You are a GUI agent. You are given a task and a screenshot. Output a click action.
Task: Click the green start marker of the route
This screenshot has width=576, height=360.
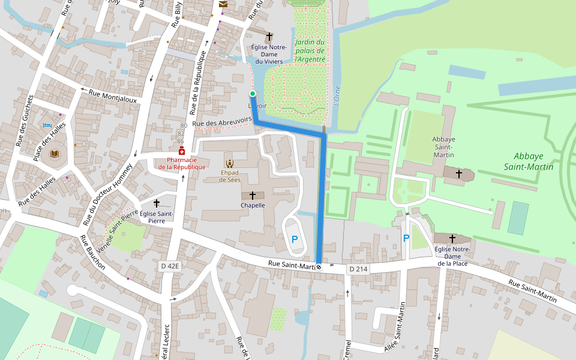253,94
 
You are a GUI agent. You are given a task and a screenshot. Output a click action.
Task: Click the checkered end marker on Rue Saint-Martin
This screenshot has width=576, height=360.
319,267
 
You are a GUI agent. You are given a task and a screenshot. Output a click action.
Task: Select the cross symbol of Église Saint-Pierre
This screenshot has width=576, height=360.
157,203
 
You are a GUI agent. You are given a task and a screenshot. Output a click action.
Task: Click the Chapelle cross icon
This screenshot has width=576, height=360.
253,196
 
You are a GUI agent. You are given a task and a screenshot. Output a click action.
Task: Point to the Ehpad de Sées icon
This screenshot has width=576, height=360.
229,163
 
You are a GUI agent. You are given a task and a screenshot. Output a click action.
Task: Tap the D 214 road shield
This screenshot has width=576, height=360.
358,269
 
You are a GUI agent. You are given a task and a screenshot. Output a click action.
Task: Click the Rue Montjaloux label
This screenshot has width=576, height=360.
113,96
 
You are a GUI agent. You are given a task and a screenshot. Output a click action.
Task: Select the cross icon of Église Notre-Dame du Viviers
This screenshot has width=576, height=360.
269,37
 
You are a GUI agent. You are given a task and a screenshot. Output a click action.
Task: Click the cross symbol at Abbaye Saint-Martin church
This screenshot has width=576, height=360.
459,173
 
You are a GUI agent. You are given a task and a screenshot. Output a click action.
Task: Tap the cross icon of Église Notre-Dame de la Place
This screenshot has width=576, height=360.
452,239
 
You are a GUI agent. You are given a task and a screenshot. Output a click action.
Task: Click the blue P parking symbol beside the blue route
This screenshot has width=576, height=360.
294,239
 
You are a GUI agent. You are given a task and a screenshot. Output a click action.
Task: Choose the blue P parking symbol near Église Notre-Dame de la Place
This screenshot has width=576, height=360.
406,238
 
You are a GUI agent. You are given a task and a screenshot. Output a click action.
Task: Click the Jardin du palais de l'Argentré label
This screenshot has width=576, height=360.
310,51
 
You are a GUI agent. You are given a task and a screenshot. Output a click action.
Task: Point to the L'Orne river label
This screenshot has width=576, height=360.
337,97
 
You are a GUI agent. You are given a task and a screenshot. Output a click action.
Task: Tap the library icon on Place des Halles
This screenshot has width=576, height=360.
55,154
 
